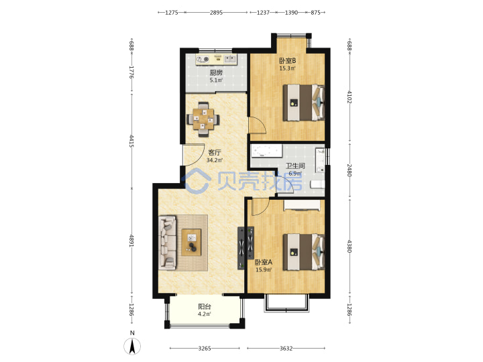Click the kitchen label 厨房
[216, 72]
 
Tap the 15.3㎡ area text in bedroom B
[287, 68]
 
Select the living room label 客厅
[215, 152]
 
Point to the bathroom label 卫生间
[295, 166]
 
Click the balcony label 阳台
[205, 306]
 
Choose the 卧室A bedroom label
[264, 262]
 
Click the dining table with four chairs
[203, 119]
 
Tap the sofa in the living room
[167, 243]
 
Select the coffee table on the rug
[191, 242]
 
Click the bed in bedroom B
[304, 103]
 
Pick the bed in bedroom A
[304, 252]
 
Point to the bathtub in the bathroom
[266, 151]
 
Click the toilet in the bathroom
[317, 184]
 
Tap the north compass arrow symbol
[132, 347]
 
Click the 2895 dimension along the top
[216, 13]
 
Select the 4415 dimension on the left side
[131, 141]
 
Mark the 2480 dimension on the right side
[350, 170]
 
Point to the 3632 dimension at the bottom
[286, 348]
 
